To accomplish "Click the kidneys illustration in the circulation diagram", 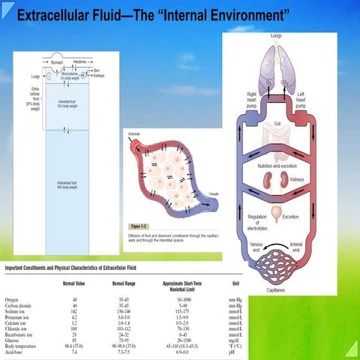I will pyautogui.click(x=277, y=182).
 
